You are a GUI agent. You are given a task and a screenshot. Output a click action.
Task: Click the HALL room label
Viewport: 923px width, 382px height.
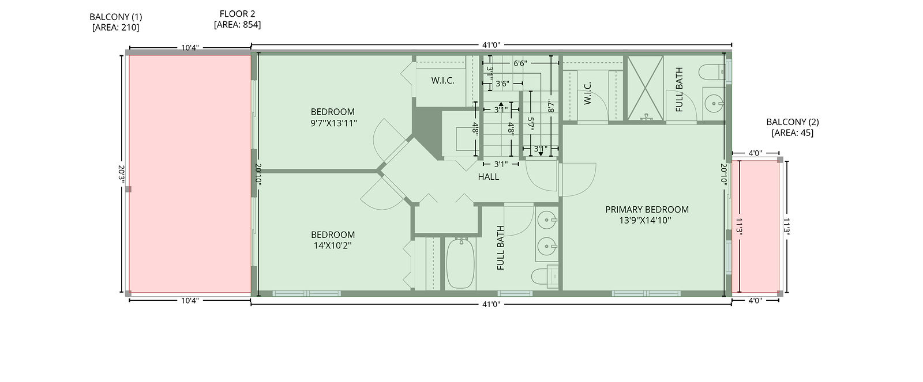(x=488, y=177)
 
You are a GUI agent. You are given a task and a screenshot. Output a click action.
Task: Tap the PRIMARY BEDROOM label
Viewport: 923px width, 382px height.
(x=647, y=210)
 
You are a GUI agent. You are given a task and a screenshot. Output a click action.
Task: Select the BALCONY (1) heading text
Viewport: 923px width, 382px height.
(x=116, y=17)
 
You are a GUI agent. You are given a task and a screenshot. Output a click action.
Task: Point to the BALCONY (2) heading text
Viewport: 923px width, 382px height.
(x=793, y=122)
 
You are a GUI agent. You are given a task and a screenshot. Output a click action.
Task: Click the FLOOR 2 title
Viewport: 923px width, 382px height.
(x=237, y=14)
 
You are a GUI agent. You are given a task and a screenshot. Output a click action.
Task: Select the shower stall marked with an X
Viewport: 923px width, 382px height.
(x=646, y=88)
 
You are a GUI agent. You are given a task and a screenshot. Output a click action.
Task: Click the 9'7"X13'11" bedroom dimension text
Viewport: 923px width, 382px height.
(x=334, y=123)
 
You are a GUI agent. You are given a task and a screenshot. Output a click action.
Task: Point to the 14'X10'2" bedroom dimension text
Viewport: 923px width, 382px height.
(x=333, y=246)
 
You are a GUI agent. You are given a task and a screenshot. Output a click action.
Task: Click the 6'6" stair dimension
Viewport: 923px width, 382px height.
(x=520, y=63)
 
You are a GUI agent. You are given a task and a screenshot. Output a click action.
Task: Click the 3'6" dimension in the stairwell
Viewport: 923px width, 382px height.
(x=502, y=84)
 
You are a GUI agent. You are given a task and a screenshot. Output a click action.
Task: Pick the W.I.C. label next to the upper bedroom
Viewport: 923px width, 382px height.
(x=443, y=81)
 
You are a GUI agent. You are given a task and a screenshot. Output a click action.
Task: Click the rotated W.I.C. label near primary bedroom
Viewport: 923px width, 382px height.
(x=588, y=93)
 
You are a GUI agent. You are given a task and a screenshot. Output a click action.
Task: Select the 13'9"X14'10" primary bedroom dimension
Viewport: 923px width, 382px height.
(x=646, y=221)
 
